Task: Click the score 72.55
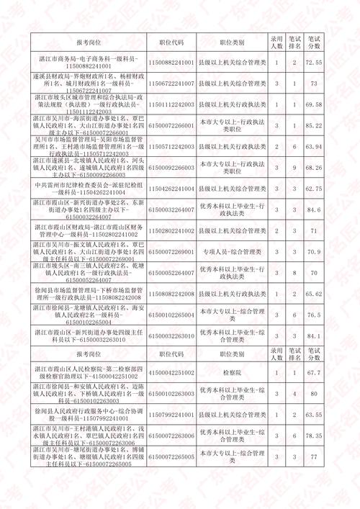click(x=313, y=63)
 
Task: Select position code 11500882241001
click(x=171, y=63)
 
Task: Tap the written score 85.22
click(x=313, y=125)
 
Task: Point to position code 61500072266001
click(x=171, y=125)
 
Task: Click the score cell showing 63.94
click(x=313, y=146)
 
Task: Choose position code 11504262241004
click(x=171, y=189)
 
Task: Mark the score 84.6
click(x=313, y=210)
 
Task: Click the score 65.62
click(x=313, y=294)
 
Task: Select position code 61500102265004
click(x=171, y=315)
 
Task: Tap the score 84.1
click(x=313, y=336)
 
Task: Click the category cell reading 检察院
click(x=232, y=373)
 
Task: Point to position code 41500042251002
click(x=171, y=373)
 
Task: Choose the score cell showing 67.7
click(x=313, y=373)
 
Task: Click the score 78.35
click(x=313, y=436)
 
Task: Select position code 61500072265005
click(x=171, y=457)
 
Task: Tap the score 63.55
click(x=313, y=415)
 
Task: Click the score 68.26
click(x=313, y=167)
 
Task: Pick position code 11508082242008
click(x=171, y=294)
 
